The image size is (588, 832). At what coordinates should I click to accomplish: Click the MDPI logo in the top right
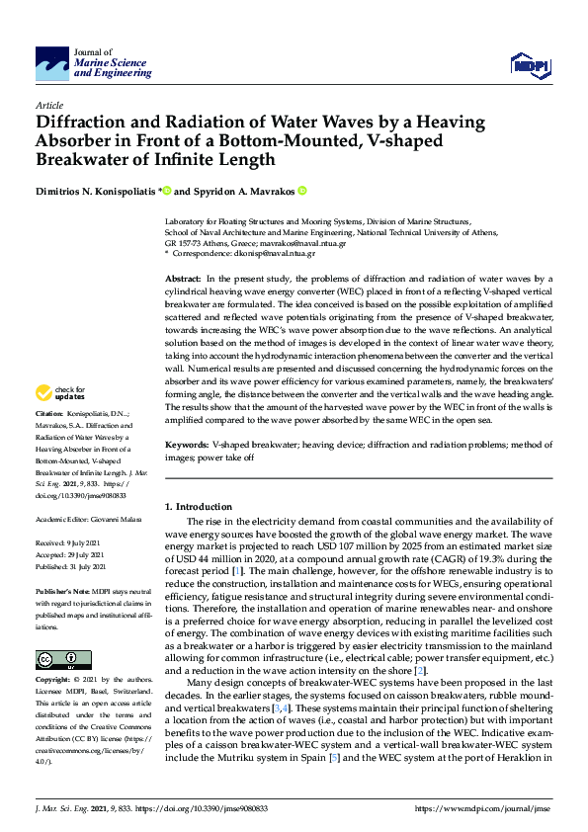click(530, 65)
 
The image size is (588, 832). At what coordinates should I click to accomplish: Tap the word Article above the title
click(49, 104)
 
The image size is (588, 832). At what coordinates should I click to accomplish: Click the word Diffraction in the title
click(84, 124)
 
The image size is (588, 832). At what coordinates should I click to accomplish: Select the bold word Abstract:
click(185, 281)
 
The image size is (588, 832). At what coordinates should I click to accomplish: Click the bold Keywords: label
click(188, 474)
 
